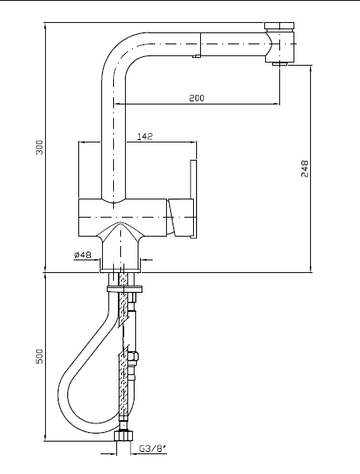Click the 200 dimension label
coord(197,97)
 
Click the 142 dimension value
coord(145,137)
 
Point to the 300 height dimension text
coord(40,147)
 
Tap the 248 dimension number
coord(305,169)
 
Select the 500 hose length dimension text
coord(40,356)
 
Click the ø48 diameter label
coord(82,255)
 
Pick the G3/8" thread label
coord(153,449)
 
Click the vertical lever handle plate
coord(194,199)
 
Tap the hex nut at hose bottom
coord(123,435)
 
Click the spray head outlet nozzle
coord(280,63)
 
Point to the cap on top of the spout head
coord(279,25)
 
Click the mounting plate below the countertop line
coord(124,289)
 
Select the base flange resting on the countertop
coord(120,271)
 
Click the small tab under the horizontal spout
coord(197,55)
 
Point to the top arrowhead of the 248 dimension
coord(311,69)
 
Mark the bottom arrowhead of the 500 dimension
coord(45,437)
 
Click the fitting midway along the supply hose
coord(133,356)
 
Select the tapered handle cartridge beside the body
coord(180,217)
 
